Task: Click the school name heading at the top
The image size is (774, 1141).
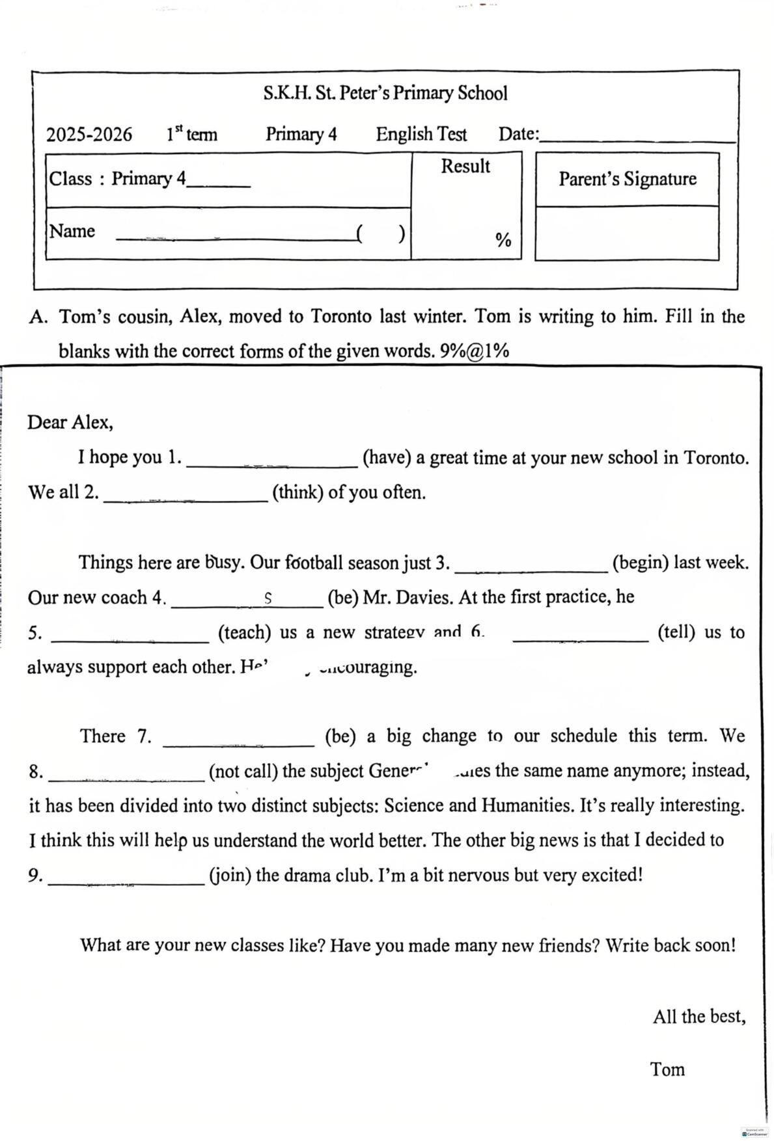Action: (x=385, y=93)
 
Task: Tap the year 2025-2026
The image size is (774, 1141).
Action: (x=89, y=135)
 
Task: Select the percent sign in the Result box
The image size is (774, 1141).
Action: (x=503, y=240)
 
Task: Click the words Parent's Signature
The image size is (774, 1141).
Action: (x=627, y=179)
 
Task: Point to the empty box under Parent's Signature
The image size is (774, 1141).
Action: (x=627, y=234)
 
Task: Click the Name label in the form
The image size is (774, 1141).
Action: (x=72, y=231)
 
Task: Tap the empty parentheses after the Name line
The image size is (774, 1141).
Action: (x=381, y=233)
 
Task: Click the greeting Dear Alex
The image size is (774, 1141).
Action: (x=70, y=422)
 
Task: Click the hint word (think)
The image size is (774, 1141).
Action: (x=297, y=492)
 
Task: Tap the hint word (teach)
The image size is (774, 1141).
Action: (x=245, y=632)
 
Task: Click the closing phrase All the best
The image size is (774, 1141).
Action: (x=699, y=1016)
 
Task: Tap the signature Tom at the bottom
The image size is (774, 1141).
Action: (x=667, y=1069)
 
